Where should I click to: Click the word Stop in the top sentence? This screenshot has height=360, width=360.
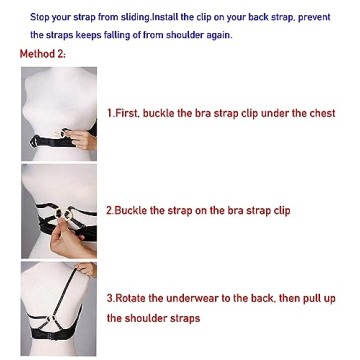pyautogui.click(x=40, y=18)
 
